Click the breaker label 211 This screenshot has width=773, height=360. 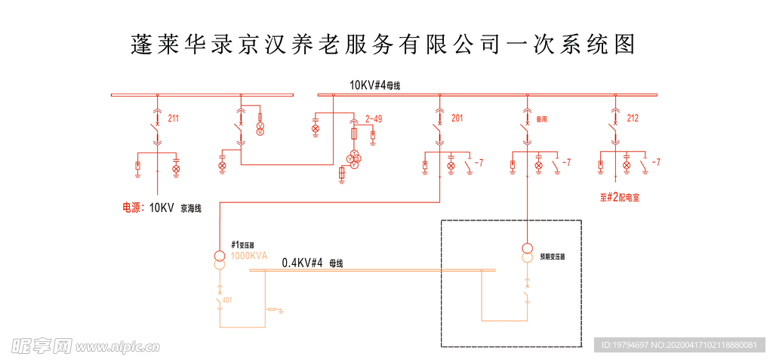(174, 118)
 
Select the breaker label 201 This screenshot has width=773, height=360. (457, 118)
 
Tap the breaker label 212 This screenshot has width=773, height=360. (633, 118)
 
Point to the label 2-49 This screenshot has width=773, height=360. (374, 118)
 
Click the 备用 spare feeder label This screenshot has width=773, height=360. (541, 119)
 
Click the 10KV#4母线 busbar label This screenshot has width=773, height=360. (374, 86)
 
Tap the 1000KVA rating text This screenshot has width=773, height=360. (249, 256)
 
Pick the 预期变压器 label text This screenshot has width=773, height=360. (553, 257)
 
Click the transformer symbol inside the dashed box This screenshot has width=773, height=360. (528, 253)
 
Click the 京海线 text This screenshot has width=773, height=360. (191, 209)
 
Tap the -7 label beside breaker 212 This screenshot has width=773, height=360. (656, 162)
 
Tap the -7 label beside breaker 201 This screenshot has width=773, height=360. (479, 162)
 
